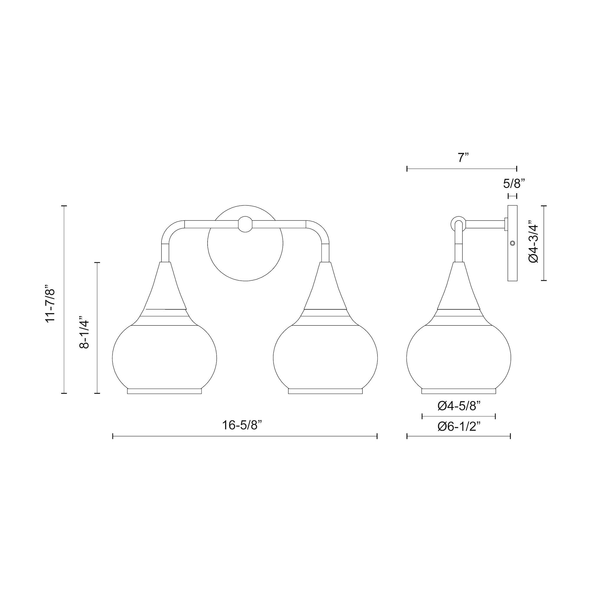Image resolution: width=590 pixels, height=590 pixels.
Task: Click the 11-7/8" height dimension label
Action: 50,304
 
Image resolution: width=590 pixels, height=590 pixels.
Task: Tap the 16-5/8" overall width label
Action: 242,425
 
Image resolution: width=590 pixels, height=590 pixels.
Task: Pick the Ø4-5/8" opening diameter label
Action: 459,406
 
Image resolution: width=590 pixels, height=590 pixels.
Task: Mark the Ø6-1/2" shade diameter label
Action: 459,427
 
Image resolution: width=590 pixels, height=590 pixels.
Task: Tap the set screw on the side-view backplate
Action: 513,243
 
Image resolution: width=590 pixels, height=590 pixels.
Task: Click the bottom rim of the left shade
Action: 164,391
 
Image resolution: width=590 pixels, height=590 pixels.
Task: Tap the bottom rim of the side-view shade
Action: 459,391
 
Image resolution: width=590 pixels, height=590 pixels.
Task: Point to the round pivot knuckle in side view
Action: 458,222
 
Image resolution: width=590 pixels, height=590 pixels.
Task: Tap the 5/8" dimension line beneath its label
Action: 512,196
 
